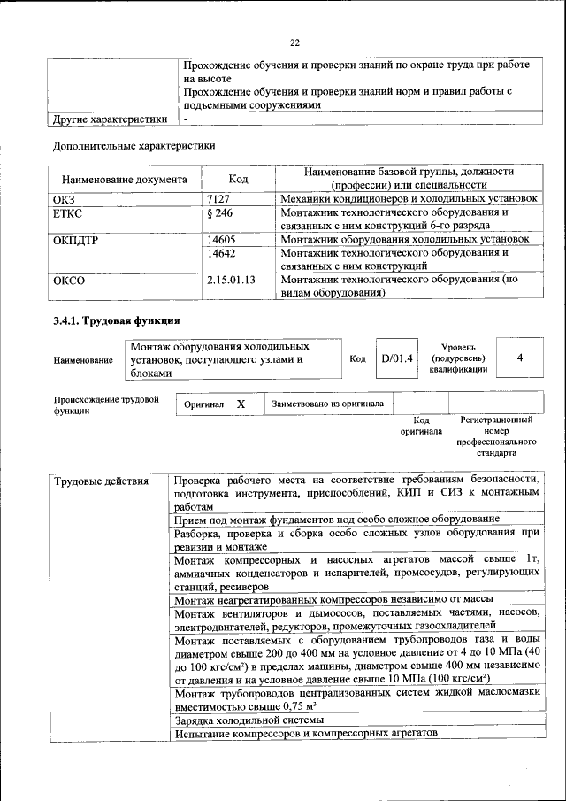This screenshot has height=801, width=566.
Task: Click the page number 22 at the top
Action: pos(295,42)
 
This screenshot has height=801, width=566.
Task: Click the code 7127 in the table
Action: pos(218,199)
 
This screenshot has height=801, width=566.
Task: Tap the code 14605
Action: pos(221,239)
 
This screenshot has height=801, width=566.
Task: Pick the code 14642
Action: pos(221,252)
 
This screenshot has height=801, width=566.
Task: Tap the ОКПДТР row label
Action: pos(77,239)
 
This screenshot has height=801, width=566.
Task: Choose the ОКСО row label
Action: pos(69,280)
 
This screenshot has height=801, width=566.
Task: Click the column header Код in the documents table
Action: pos(239,179)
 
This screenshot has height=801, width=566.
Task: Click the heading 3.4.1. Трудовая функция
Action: pos(117,320)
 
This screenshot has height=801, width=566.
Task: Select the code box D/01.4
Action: pos(396,358)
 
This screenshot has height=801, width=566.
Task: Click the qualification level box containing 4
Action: pos(520,358)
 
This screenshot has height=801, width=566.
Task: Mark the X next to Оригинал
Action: pos(240,404)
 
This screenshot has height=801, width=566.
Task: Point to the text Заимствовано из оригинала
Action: pos(327,404)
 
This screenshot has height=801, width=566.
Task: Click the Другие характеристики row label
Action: pos(110,119)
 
